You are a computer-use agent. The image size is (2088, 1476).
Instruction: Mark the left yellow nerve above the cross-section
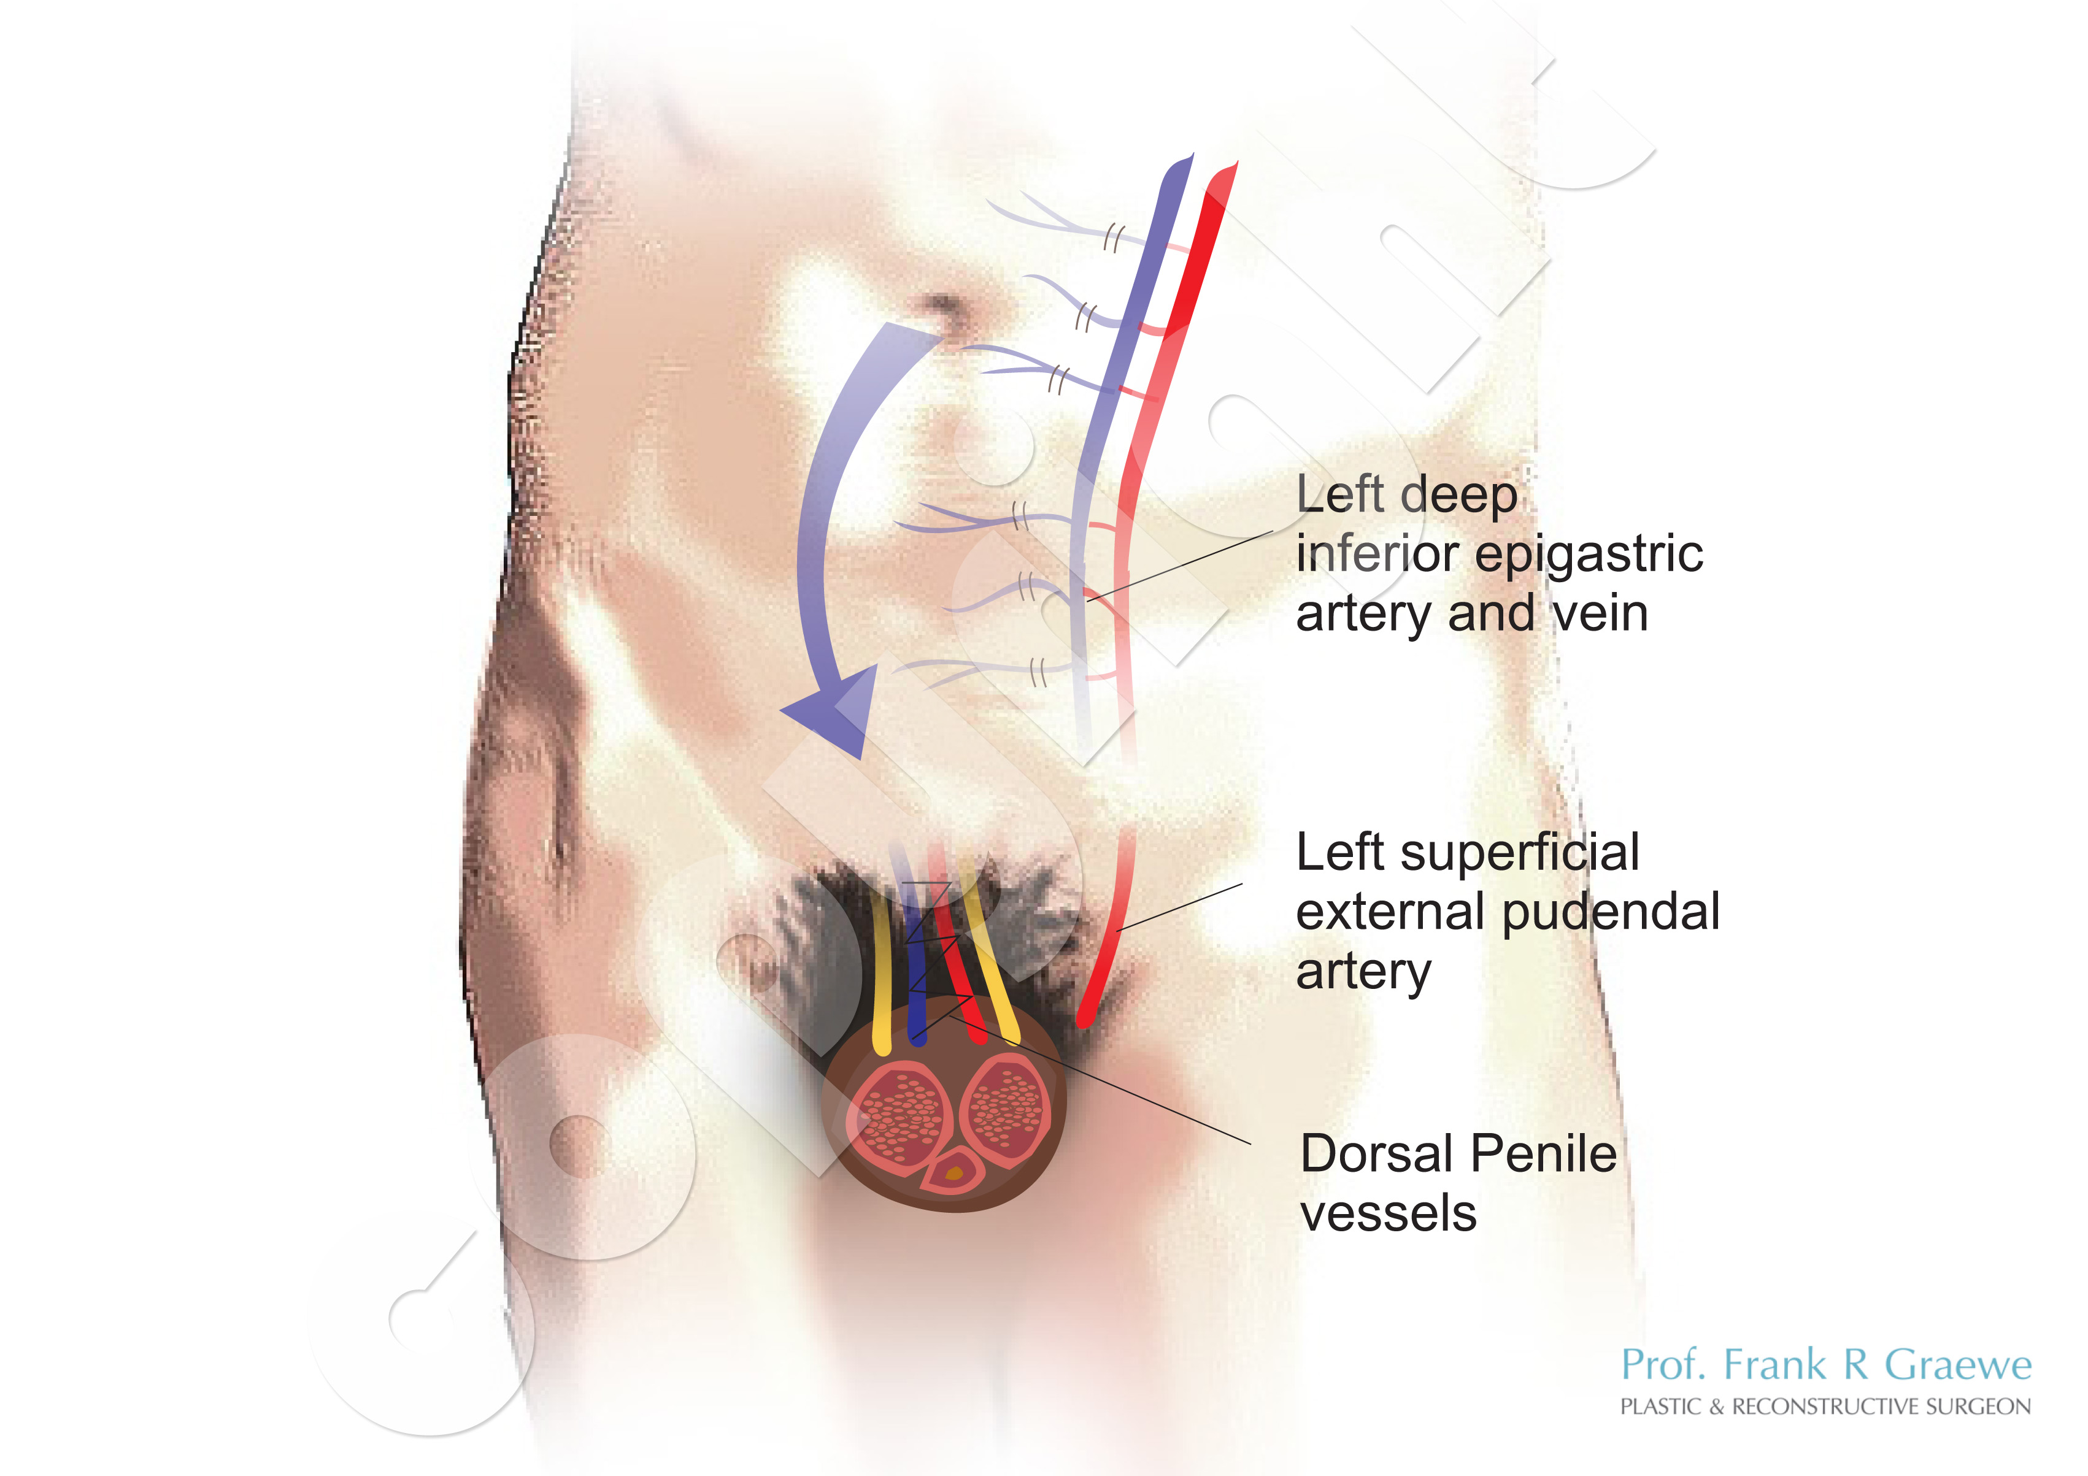click(880, 973)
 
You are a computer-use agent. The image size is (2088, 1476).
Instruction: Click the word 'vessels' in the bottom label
click(1389, 1214)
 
